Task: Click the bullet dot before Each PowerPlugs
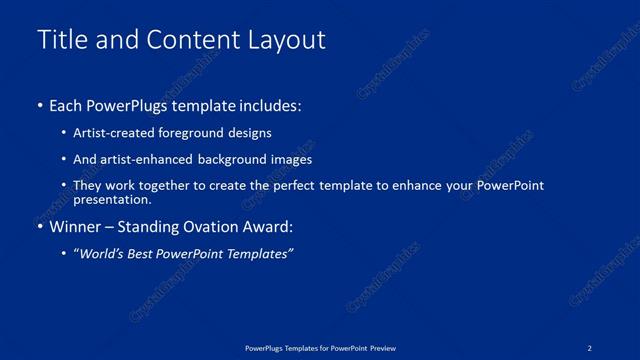tap(40, 105)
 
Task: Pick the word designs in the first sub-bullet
tap(250, 132)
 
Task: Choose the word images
tap(291, 159)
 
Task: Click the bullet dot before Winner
tap(40, 227)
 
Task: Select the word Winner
tap(76, 227)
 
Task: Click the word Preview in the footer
tap(379, 348)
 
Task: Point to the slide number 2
tap(590, 348)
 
